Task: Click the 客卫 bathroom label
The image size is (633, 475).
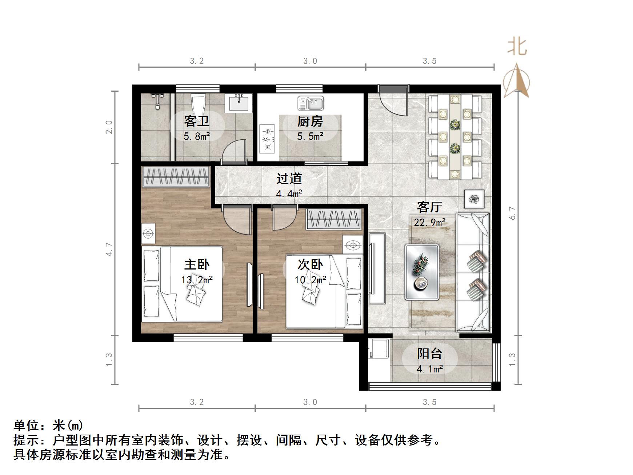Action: pos(197,121)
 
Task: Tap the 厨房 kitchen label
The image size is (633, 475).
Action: pos(310,121)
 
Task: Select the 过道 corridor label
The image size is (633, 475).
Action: pos(289,179)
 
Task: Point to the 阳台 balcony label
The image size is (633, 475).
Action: pos(429,353)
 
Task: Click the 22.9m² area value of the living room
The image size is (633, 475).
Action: pos(429,222)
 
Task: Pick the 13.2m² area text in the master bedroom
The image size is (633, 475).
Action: pos(197,280)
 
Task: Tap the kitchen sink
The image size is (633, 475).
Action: pos(311,103)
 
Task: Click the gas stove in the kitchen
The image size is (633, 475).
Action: pos(268,139)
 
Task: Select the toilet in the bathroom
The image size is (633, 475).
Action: pos(198,104)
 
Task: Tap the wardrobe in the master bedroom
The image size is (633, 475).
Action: pos(176,177)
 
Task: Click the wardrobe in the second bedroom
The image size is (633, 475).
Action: pos(334,219)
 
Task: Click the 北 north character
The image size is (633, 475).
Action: pos(517,47)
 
